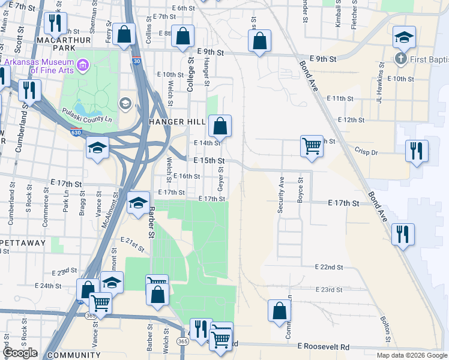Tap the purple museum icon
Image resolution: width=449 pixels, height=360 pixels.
82,64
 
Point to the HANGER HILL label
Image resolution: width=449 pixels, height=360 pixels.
173,122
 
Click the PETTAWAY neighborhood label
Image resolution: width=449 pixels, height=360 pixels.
23,243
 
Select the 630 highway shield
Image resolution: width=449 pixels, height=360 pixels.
75,132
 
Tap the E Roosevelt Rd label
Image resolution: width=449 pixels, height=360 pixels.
323,347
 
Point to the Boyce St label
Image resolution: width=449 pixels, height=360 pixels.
300,191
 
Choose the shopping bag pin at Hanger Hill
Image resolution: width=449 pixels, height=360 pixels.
220,127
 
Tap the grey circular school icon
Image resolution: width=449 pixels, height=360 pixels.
125,103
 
